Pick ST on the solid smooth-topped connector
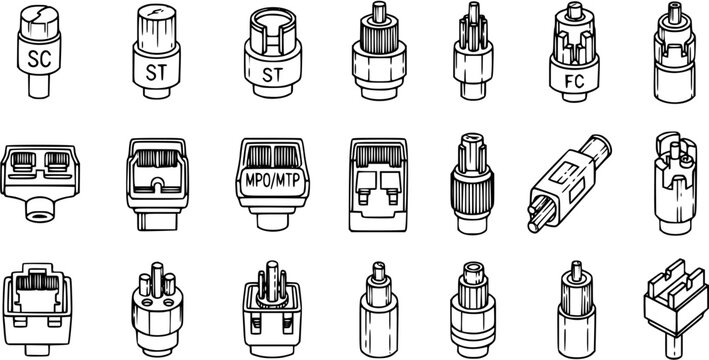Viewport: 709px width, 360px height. click(x=155, y=71)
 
